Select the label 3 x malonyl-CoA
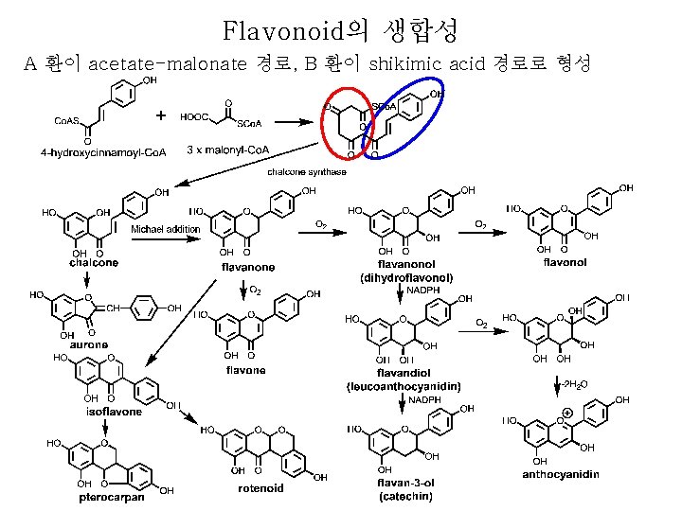tap(228, 150)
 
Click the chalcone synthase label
tap(307, 172)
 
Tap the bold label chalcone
tap(94, 262)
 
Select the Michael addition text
tap(165, 229)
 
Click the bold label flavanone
tap(248, 268)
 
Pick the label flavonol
tap(565, 262)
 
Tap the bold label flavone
tap(245, 370)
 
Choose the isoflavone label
tap(114, 412)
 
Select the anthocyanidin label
tap(562, 474)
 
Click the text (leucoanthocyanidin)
tap(404, 386)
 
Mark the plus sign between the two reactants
tap(160, 115)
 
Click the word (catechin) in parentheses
tap(406, 495)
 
